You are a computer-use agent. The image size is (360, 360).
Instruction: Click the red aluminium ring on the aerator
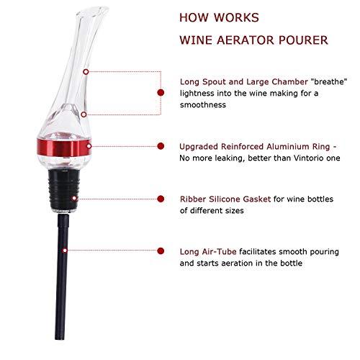64,147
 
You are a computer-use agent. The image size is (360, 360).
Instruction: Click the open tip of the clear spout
96,12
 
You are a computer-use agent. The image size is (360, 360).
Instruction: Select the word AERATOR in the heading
246,40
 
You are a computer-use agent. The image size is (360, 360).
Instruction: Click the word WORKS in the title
236,17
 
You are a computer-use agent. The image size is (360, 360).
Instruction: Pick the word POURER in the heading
303,40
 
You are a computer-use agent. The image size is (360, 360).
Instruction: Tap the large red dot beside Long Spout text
161,92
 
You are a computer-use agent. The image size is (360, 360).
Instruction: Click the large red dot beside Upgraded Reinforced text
161,146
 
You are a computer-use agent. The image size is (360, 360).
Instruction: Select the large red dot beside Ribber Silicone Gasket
161,199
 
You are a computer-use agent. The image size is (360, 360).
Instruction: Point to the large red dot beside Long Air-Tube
161,251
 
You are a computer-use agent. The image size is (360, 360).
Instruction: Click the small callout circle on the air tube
65,251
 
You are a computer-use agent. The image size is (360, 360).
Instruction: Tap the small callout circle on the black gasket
74,198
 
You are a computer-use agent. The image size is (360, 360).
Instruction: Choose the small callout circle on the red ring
89,146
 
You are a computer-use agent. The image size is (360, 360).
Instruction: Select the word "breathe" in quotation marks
329,81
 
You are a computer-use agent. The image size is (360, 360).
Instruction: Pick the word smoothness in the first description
203,105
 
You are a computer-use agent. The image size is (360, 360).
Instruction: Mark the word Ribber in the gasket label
193,199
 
